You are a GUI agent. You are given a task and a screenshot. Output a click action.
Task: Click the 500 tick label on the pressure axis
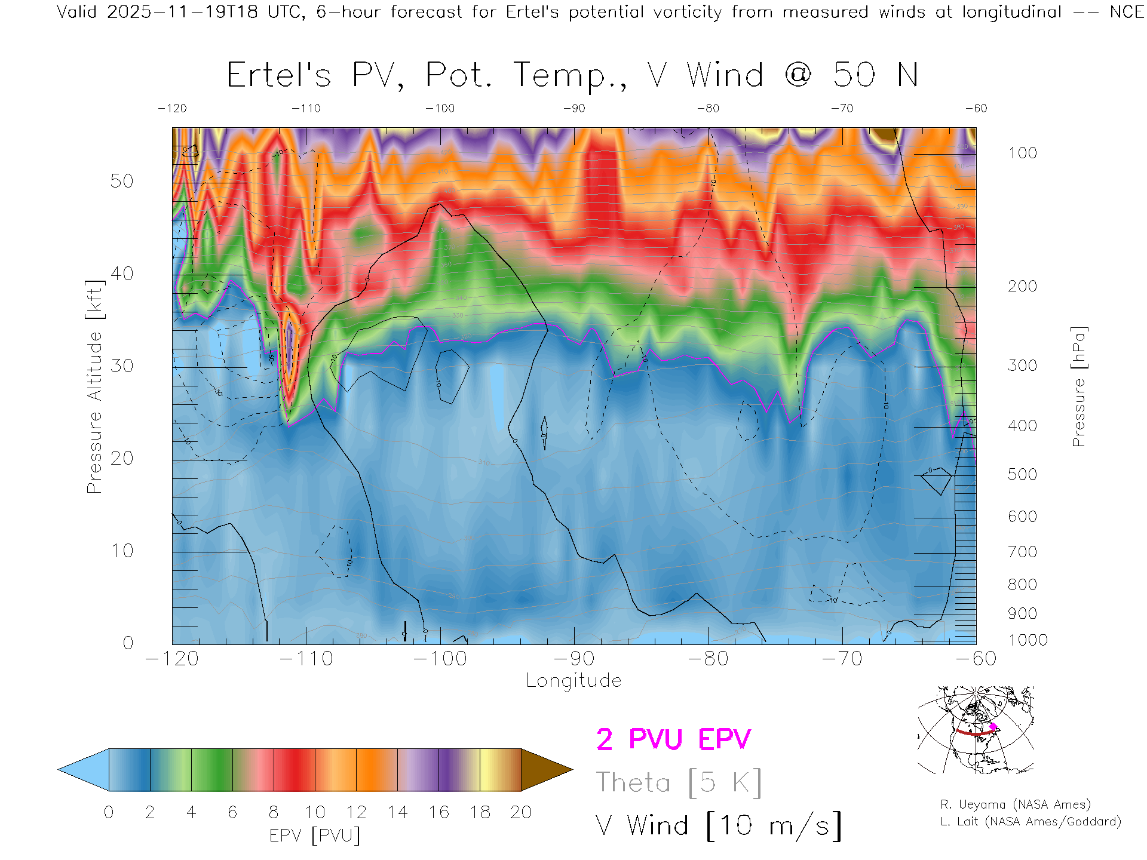1022,474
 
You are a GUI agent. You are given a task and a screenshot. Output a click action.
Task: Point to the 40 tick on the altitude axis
122,274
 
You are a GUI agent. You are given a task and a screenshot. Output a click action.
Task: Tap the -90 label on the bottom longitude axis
574,659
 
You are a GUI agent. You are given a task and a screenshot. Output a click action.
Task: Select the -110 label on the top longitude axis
306,109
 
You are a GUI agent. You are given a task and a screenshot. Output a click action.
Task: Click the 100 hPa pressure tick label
1022,153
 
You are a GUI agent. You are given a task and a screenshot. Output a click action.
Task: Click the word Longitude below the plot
573,681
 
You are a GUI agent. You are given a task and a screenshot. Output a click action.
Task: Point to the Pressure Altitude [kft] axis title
94,386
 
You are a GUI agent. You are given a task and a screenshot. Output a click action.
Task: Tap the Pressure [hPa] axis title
1079,386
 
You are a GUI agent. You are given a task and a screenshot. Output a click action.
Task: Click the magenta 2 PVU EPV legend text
673,739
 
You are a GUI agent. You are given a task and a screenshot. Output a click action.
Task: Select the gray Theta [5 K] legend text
679,782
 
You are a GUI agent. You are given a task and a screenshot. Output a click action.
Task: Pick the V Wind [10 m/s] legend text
719,826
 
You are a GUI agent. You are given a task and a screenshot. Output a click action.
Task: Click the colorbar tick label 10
315,812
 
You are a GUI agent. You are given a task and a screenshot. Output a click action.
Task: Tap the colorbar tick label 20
521,812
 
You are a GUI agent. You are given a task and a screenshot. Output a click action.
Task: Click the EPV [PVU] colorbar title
315,836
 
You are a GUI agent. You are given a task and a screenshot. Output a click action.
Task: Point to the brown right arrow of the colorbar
545,770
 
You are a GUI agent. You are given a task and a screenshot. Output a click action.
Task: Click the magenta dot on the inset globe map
993,727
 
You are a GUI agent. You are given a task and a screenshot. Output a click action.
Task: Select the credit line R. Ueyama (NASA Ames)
1016,804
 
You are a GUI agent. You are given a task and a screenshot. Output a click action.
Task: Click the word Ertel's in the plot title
278,76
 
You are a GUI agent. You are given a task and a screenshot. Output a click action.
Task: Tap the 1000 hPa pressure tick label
1028,640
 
